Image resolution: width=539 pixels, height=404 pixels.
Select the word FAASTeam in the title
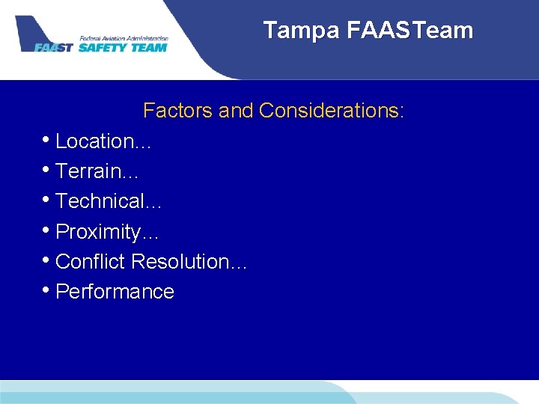tap(410, 31)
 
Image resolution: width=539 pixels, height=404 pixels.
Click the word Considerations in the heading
tap(332, 111)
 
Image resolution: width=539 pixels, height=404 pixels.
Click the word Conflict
tap(91, 262)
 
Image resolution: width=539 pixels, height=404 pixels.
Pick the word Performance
tap(115, 292)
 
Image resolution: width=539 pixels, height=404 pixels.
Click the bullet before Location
tap(47, 141)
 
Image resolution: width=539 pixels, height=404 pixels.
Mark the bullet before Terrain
tap(47, 171)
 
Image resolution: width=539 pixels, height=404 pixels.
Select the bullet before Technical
tap(47, 201)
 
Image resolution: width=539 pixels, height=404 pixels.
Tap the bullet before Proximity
tap(47, 231)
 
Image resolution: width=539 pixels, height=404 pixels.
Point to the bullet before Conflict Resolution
tap(47, 261)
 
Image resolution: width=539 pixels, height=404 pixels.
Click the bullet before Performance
tap(47, 291)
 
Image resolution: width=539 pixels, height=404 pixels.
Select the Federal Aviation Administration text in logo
tap(124, 38)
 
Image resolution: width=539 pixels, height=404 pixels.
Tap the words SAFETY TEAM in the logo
tap(123, 47)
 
